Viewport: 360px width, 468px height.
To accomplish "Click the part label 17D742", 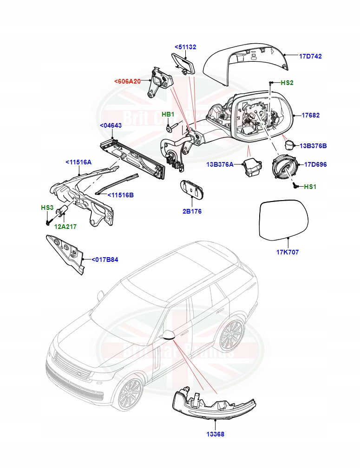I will click(310, 56).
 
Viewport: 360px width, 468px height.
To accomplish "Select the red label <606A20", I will click(127, 81).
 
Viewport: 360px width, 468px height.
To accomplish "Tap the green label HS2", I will click(287, 83).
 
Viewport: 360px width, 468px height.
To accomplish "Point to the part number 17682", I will click(310, 115).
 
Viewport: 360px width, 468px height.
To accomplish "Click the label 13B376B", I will click(313, 146).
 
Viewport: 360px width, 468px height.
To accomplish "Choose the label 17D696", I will click(315, 164).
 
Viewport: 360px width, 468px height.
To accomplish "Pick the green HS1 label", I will click(310, 187).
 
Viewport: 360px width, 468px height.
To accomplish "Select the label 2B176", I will click(192, 211).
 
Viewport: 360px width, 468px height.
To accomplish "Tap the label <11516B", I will click(120, 195).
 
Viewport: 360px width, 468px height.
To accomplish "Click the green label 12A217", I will click(65, 227).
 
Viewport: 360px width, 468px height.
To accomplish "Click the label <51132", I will click(185, 47).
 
